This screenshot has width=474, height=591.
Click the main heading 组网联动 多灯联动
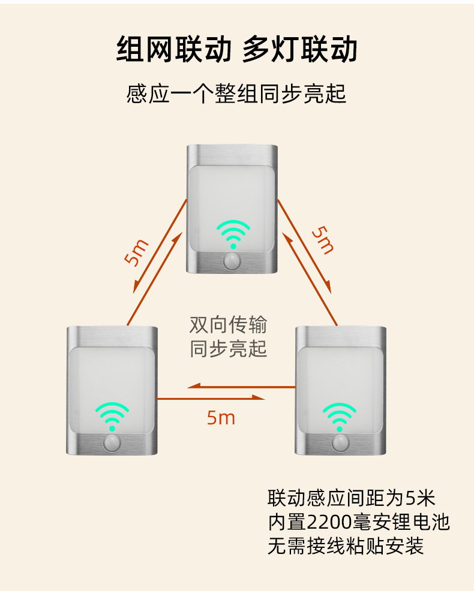click(x=236, y=49)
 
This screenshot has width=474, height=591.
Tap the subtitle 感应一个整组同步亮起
click(x=236, y=94)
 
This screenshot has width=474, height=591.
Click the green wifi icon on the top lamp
click(x=233, y=234)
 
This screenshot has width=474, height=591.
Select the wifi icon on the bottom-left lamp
click(x=112, y=417)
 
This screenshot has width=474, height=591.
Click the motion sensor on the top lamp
click(x=233, y=261)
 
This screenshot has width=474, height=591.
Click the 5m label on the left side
click(x=137, y=252)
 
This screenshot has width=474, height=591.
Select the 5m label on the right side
click(x=323, y=240)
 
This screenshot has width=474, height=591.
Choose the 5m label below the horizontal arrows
click(x=221, y=418)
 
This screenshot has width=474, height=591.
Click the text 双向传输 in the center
click(x=229, y=325)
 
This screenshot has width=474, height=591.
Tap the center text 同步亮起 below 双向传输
click(x=229, y=349)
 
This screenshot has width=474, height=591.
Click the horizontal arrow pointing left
click(x=242, y=386)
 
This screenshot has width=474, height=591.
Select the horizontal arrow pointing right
click(x=211, y=397)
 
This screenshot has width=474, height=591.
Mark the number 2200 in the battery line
click(x=329, y=523)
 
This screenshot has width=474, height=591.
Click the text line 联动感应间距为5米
click(x=352, y=498)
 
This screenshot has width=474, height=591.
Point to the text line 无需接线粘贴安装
click(x=346, y=546)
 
